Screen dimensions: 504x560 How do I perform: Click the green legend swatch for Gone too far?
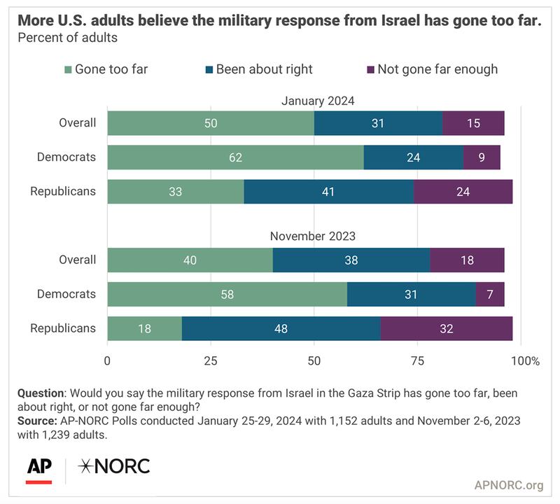[x=67, y=69]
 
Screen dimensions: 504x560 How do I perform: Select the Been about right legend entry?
[x=264, y=69]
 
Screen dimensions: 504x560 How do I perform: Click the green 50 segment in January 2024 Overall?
[x=211, y=123]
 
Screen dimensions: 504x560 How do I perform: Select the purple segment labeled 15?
[x=473, y=123]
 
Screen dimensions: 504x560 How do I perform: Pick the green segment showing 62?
[x=235, y=157]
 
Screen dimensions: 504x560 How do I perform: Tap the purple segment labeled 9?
[x=482, y=157]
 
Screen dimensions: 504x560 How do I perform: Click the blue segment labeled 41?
[x=328, y=190]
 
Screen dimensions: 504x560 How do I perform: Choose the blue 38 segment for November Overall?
[x=351, y=260]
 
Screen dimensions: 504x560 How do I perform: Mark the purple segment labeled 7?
[x=490, y=294]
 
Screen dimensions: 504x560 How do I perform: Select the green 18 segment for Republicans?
[x=144, y=328]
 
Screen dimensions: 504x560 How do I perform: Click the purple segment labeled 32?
[x=447, y=328]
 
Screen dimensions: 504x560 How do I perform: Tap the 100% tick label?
[x=525, y=361]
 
